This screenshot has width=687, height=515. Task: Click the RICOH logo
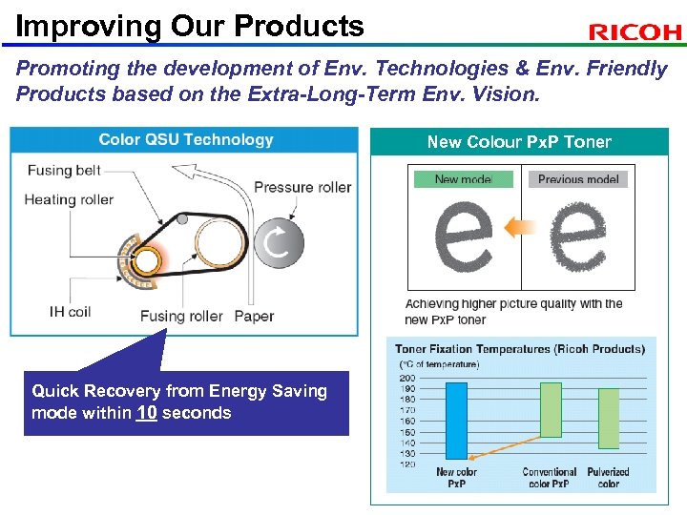[635, 32]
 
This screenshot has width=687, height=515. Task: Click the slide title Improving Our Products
[190, 26]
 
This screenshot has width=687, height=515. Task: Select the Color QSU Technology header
[186, 140]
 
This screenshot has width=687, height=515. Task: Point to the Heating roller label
[69, 199]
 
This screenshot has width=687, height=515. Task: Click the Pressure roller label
[302, 187]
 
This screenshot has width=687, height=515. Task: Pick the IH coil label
[71, 311]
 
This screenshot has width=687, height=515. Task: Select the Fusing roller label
[181, 316]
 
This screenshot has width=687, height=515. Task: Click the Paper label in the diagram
[254, 316]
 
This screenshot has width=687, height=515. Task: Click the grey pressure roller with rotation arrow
[278, 243]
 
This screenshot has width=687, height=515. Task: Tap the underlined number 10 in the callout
[146, 413]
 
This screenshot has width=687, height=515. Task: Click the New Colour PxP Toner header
[519, 142]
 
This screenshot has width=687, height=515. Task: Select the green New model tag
[463, 178]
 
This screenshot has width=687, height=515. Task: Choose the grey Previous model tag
[577, 178]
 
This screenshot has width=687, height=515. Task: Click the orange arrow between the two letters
[520, 227]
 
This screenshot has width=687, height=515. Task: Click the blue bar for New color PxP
[456, 419]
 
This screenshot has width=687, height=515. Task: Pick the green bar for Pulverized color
[608, 418]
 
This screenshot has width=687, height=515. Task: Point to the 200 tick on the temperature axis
[407, 379]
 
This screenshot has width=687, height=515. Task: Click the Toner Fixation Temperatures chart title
[519, 349]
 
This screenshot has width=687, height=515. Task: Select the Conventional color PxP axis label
[550, 477]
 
